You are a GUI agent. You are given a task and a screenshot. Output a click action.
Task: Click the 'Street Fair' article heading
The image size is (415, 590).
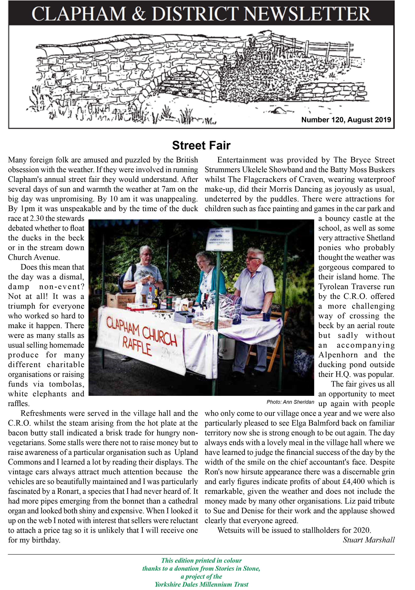pyautogui.click(x=201, y=145)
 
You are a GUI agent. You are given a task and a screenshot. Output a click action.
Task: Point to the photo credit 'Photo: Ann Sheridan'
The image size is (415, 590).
pyautogui.click(x=290, y=402)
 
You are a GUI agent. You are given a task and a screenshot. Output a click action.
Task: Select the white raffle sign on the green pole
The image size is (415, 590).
pyautogui.click(x=219, y=239)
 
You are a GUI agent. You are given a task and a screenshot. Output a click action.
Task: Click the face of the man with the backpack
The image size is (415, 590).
pyautogui.click(x=146, y=255)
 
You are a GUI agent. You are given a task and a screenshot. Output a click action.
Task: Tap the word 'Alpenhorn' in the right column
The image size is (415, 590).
pyautogui.click(x=338, y=355)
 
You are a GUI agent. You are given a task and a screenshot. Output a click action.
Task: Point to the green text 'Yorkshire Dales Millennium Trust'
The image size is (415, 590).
pyautogui.click(x=201, y=584)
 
